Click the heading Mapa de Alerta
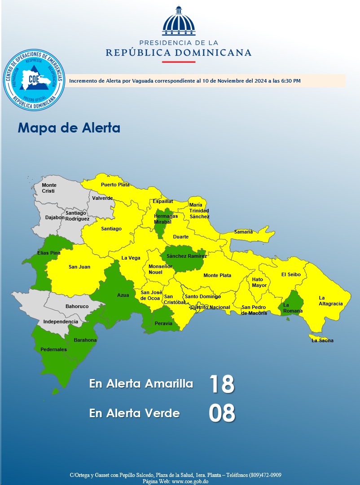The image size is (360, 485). click(69, 128)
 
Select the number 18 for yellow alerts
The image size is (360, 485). click(222, 384)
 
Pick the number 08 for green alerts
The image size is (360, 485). click(222, 414)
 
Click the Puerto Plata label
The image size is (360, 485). click(115, 185)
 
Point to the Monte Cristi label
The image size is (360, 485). click(49, 188)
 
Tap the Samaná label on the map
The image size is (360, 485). click(243, 232)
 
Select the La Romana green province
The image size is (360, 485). click(292, 305)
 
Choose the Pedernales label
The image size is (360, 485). click(53, 349)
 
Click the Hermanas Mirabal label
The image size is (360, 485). click(166, 219)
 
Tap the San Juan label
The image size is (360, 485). click(79, 267)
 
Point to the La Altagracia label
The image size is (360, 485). click(331, 301)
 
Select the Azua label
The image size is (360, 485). click(123, 295)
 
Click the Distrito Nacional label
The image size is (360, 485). click(211, 308)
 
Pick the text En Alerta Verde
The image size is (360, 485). click(135, 414)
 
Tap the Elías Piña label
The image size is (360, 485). click(49, 253)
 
